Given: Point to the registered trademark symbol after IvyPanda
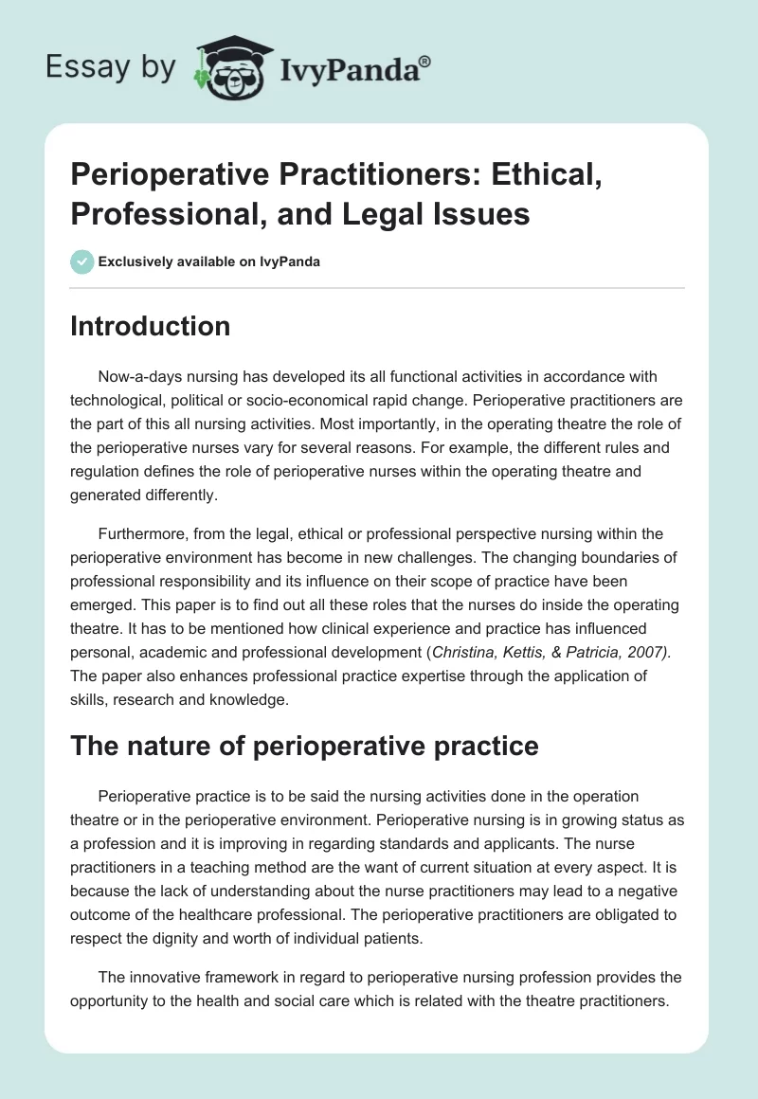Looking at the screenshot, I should tap(425, 60).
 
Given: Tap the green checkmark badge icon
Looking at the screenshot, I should tap(82, 261).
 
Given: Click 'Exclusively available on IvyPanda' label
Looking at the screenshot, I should tap(209, 262).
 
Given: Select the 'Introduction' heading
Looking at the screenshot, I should tap(151, 326).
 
